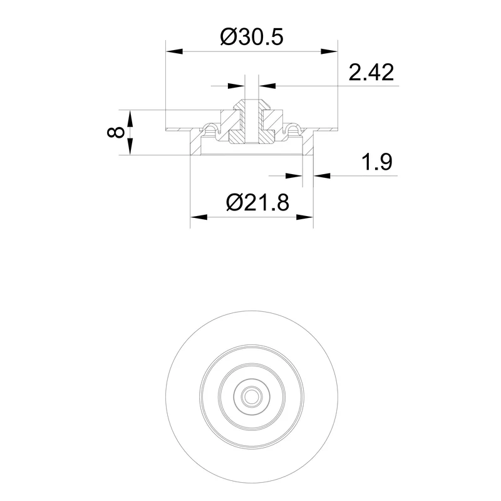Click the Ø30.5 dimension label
click(252, 37)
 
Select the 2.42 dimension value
click(371, 72)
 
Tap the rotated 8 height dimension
click(116, 132)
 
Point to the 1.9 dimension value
click(376, 162)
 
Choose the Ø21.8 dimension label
click(257, 202)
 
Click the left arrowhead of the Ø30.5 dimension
click(175, 51)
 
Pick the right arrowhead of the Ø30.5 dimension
click(329, 51)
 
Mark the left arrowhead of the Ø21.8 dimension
click(199, 217)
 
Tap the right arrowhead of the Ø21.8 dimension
click(305, 217)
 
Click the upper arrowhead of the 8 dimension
click(130, 118)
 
